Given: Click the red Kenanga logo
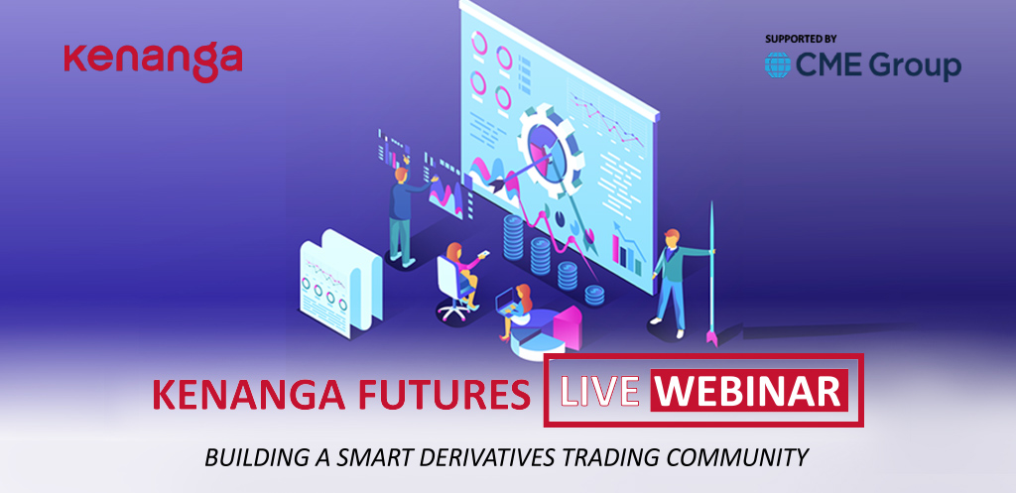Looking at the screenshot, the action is click(153, 62).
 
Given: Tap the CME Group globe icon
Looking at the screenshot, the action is click(777, 65).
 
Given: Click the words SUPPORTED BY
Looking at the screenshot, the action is click(802, 39).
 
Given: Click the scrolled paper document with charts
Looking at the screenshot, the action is click(340, 282).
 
